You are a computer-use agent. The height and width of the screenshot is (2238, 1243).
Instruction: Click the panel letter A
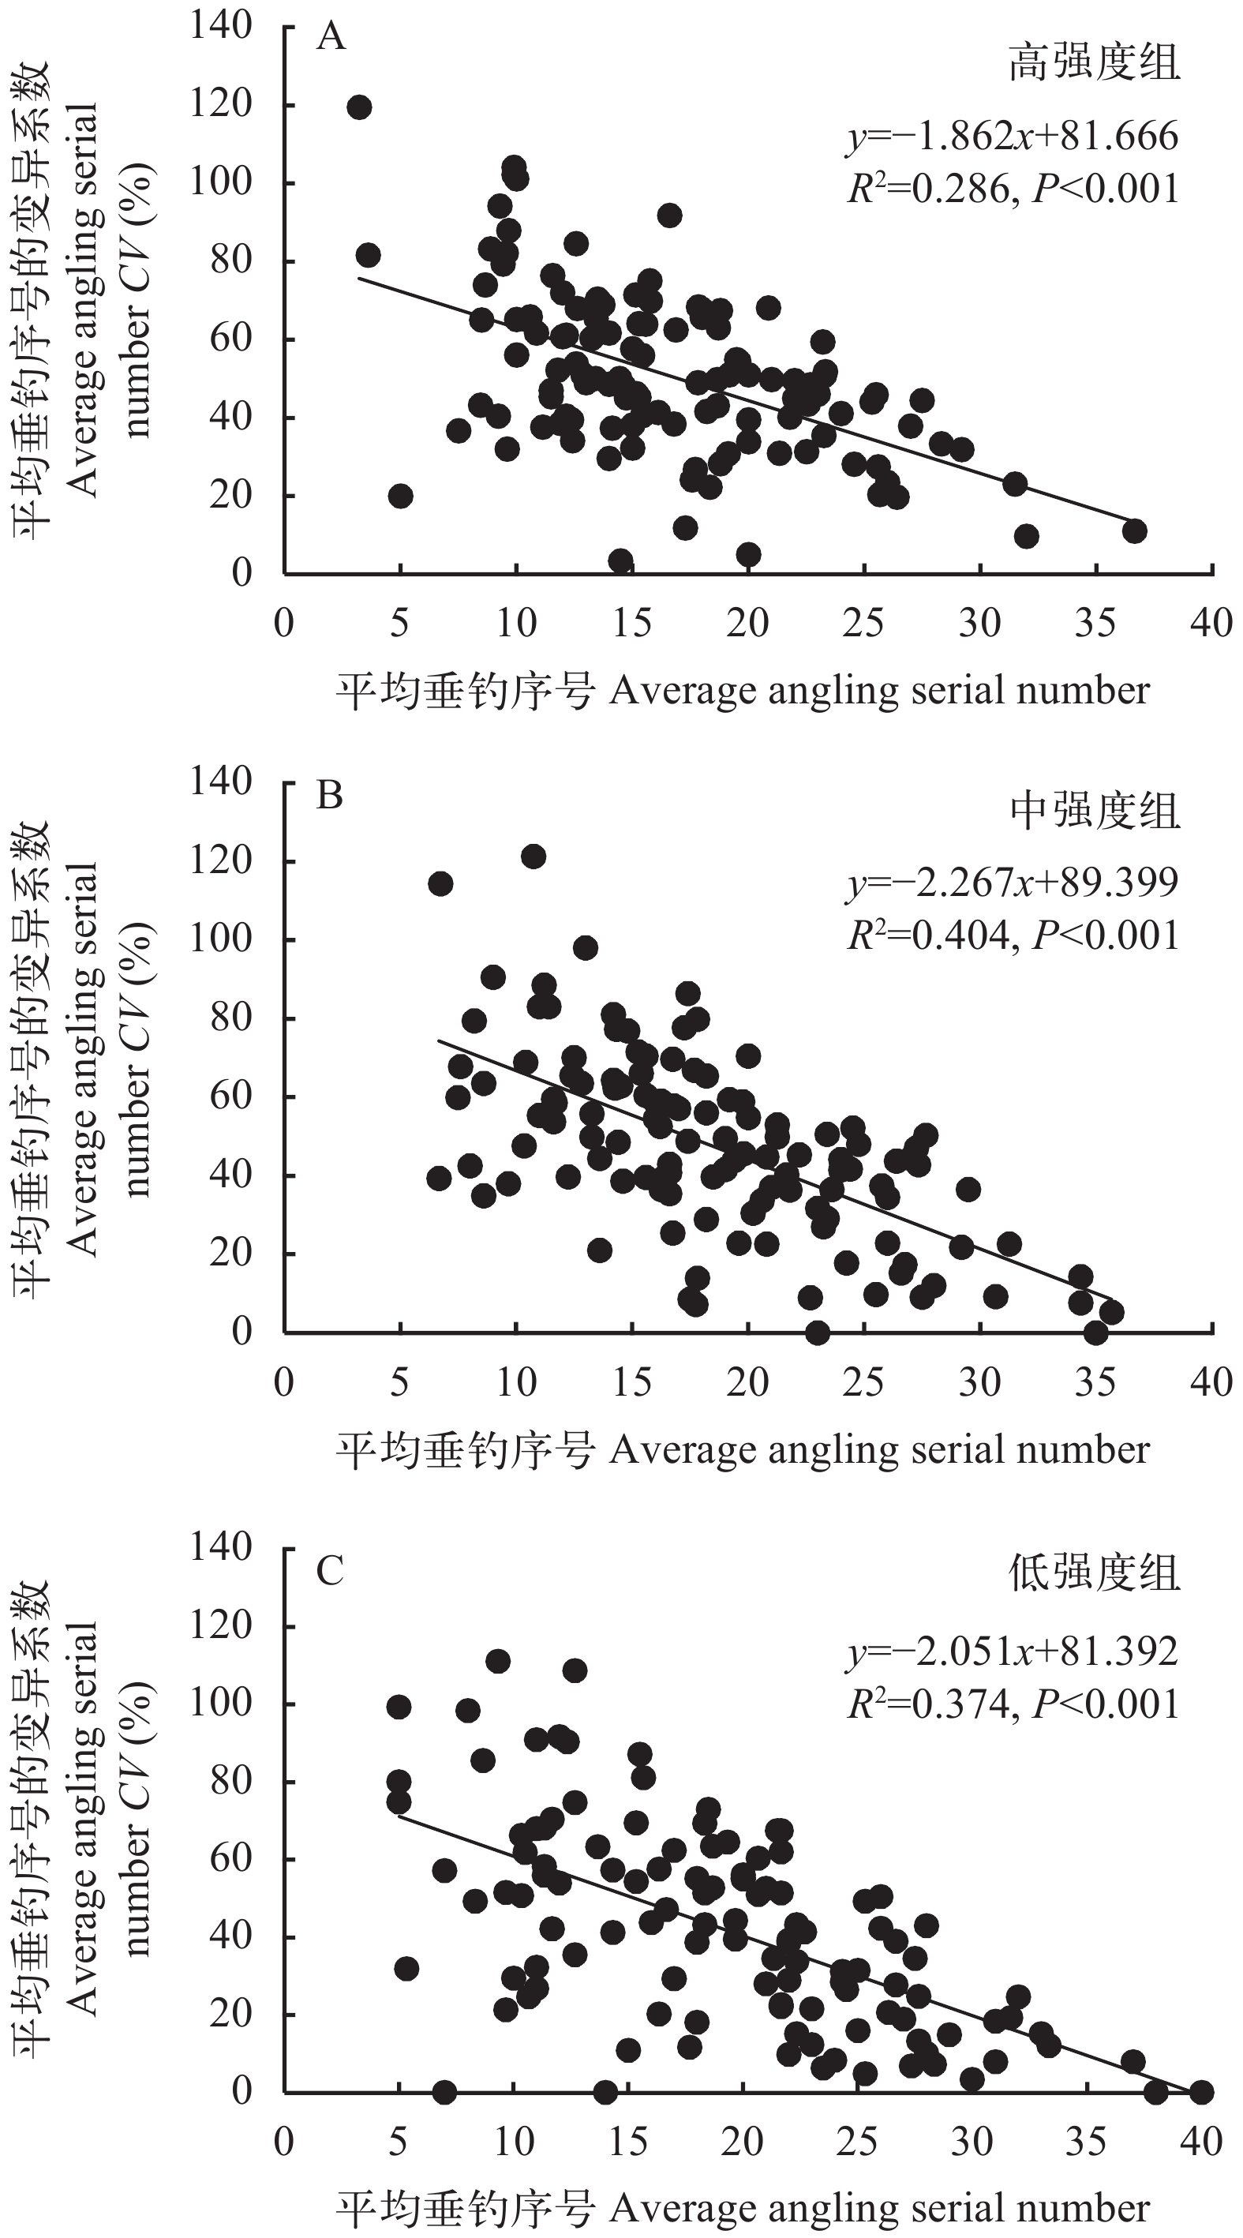click(x=331, y=36)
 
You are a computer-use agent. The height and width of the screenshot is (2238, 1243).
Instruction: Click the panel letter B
click(x=330, y=794)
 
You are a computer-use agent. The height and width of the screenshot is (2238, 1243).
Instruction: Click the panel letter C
click(x=330, y=1570)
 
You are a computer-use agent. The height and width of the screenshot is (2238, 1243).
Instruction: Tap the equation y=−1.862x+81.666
click(x=1013, y=137)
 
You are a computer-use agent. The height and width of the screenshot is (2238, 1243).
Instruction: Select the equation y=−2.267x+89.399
click(x=1013, y=883)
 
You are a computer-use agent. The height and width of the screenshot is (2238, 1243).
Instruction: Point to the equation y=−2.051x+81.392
click(x=1013, y=1651)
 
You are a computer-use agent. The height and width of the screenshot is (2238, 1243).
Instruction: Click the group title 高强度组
click(x=1095, y=63)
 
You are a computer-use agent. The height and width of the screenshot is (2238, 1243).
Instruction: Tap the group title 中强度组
click(x=1095, y=812)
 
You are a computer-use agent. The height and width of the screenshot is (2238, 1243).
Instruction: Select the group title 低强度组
click(x=1095, y=1573)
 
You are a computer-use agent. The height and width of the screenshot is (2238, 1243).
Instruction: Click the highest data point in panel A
click(x=359, y=107)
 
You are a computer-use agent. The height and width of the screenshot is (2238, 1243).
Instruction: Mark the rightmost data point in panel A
click(x=1134, y=530)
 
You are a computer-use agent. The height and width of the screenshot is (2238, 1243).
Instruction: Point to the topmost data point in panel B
click(x=534, y=857)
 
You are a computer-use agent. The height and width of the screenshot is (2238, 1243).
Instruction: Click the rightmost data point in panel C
click(x=1201, y=2092)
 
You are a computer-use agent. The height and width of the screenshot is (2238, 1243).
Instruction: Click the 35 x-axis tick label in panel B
click(x=1095, y=1382)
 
